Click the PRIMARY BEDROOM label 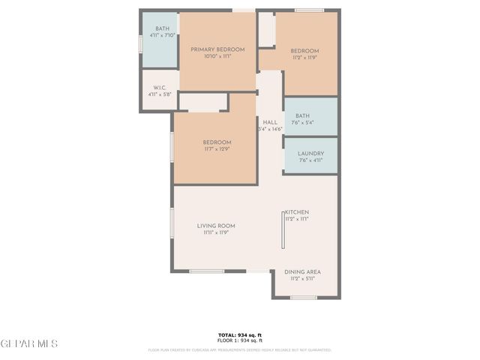(x=217, y=49)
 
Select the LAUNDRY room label (x=310, y=152)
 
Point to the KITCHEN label (x=296, y=212)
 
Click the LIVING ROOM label (x=216, y=226)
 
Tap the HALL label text (x=270, y=122)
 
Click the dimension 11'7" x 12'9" (x=216, y=149)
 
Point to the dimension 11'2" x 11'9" (x=305, y=56)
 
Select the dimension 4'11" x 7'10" (x=162, y=35)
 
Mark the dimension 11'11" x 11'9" (x=216, y=233)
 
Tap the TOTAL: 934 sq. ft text (x=239, y=334)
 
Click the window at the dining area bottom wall (x=303, y=298)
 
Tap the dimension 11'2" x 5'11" (x=303, y=279)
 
